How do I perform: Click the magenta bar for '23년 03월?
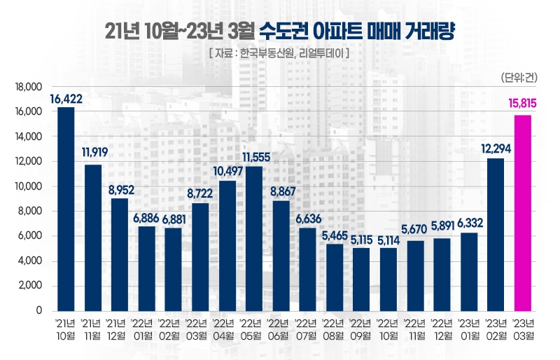[523, 213]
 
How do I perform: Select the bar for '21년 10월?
[66, 209]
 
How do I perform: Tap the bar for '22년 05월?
[254, 238]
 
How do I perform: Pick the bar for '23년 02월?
[496, 234]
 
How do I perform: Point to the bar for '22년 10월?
[388, 279]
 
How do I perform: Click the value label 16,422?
[66, 99]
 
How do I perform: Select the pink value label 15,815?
[522, 104]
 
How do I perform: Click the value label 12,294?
[496, 148]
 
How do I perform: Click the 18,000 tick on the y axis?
[29, 87]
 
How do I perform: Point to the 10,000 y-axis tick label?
[29, 186]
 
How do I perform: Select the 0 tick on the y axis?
[39, 310]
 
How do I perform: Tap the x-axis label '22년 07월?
[308, 329]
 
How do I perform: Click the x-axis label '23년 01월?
[469, 329]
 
